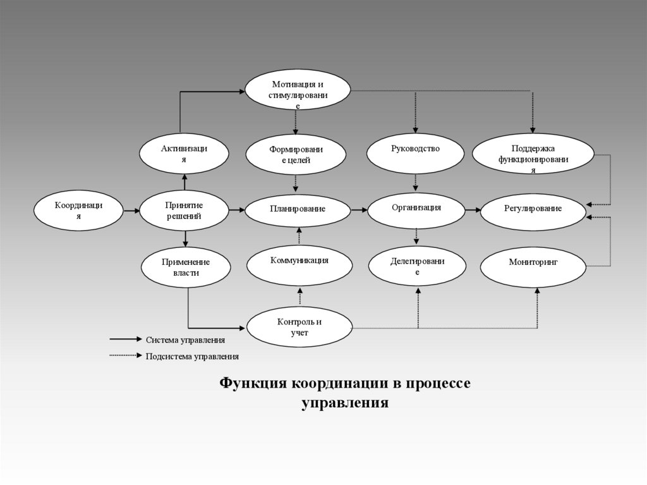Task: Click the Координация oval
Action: tap(78, 211)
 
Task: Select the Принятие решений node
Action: tap(184, 211)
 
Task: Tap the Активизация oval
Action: tap(183, 154)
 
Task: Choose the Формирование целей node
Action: tap(296, 155)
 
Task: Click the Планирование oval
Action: tap(297, 209)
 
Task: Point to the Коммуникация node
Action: tap(299, 265)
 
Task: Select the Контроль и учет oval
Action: tap(299, 327)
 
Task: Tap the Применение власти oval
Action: tap(184, 267)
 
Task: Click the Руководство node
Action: tap(415, 154)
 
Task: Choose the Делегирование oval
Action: tap(416, 266)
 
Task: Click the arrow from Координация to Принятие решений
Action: tap(131, 211)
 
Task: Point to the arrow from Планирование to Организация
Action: tap(358, 209)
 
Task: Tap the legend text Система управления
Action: tap(185, 340)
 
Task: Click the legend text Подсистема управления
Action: tap(192, 356)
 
